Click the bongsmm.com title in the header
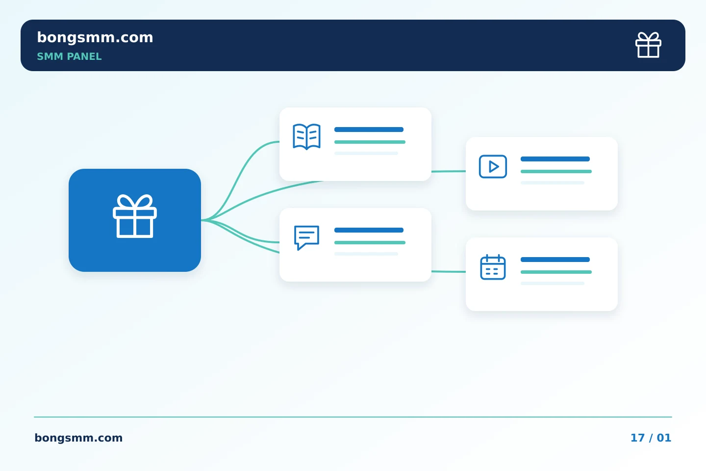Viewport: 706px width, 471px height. pyautogui.click(x=95, y=38)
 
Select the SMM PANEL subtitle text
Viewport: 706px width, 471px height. pyautogui.click(x=69, y=56)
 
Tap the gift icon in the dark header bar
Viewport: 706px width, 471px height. pyautogui.click(x=648, y=45)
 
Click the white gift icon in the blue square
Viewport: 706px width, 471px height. pyautogui.click(x=135, y=216)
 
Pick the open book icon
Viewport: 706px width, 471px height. pyautogui.click(x=307, y=136)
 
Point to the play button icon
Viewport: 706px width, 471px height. pyautogui.click(x=493, y=167)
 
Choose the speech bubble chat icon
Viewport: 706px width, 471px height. pyautogui.click(x=307, y=237)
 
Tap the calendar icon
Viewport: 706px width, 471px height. pyautogui.click(x=493, y=267)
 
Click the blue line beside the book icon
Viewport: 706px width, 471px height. pyautogui.click(x=369, y=130)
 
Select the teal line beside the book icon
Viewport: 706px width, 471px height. pyautogui.click(x=370, y=142)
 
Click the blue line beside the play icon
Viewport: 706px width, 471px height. pyautogui.click(x=555, y=159)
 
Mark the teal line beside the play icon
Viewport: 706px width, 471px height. pyautogui.click(x=556, y=172)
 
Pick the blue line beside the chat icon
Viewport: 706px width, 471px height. pyautogui.click(x=369, y=230)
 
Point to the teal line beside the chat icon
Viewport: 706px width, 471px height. pyautogui.click(x=370, y=242)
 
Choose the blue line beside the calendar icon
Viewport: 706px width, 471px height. pyautogui.click(x=555, y=260)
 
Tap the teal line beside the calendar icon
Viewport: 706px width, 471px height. pyautogui.click(x=556, y=272)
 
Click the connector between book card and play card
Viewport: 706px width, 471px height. pyautogui.click(x=449, y=171)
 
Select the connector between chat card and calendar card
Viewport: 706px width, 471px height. pyautogui.click(x=449, y=271)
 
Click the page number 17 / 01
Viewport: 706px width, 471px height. pyautogui.click(x=651, y=438)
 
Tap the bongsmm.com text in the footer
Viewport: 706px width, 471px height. pyautogui.click(x=78, y=438)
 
